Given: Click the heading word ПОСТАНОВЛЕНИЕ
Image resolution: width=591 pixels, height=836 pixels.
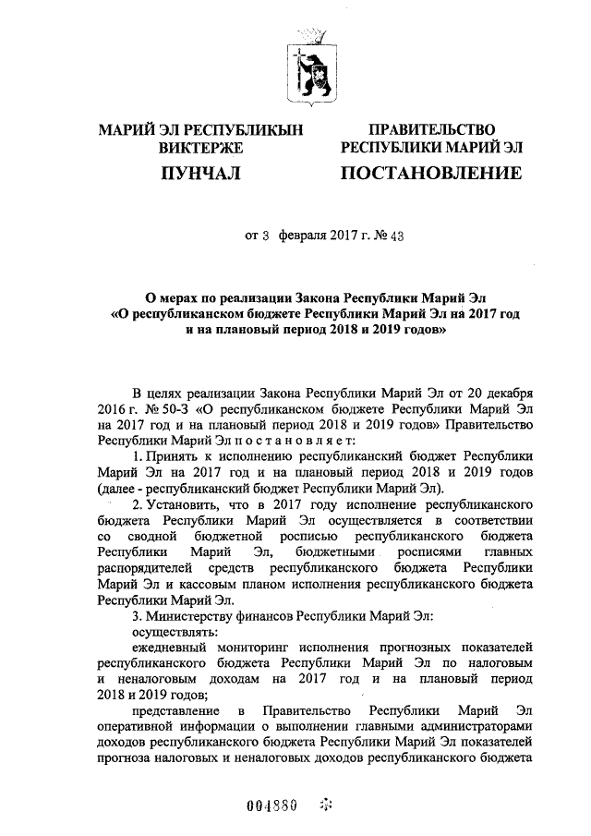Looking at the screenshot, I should tap(431, 173).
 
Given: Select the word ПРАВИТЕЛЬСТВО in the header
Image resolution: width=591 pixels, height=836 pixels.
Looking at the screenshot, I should tap(432, 130).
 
